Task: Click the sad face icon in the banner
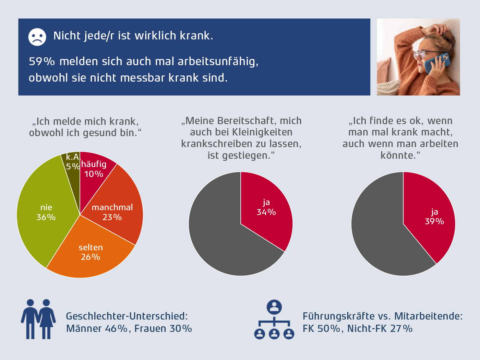click(x=37, y=37)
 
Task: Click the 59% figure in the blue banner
click(x=42, y=61)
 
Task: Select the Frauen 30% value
click(x=163, y=328)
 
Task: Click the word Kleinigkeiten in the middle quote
click(x=262, y=132)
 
